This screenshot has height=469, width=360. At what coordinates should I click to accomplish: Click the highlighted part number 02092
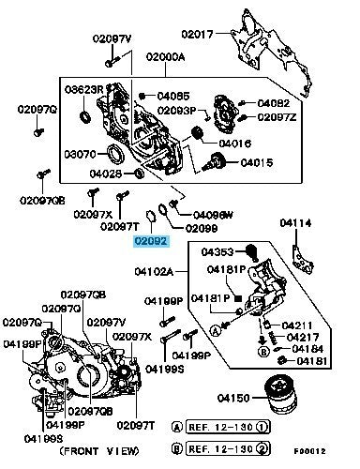(x=151, y=241)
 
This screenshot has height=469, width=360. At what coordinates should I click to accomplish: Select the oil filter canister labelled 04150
(x=280, y=397)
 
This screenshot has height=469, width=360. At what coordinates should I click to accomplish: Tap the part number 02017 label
(x=197, y=34)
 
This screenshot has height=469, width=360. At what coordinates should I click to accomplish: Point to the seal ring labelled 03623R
(x=85, y=116)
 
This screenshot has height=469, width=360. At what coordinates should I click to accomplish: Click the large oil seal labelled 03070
(x=114, y=155)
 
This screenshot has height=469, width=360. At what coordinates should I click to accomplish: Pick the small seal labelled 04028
(x=139, y=173)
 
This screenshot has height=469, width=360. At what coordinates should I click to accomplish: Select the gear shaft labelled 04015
(x=216, y=161)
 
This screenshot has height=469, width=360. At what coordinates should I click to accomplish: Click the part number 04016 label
(x=235, y=144)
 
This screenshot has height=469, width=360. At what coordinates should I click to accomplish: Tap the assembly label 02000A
(x=165, y=57)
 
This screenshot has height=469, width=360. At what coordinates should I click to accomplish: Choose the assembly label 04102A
(x=154, y=271)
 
